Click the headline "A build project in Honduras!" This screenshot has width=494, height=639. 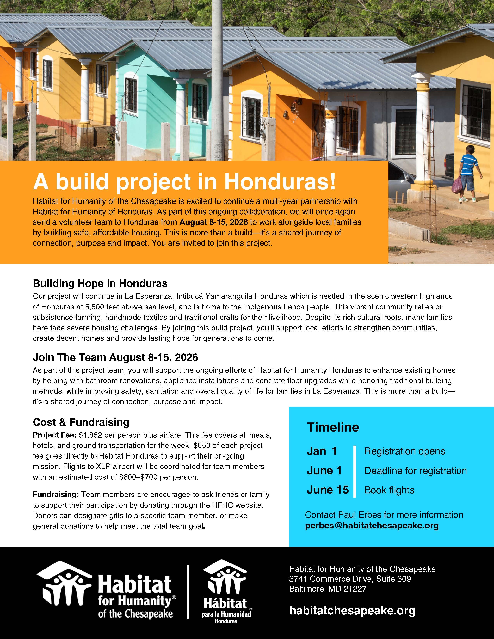184,182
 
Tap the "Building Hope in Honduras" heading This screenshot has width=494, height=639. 100,283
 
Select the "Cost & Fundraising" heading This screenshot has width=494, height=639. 81,422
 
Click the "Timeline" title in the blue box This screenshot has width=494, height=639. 333,428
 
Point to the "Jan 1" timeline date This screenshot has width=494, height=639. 322,451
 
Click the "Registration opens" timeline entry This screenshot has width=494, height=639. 404,451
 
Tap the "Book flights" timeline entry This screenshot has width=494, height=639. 389,490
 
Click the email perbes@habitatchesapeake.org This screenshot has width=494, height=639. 372,526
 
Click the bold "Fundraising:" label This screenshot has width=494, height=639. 56,495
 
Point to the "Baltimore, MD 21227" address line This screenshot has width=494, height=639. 328,588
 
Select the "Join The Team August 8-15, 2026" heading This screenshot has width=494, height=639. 115,357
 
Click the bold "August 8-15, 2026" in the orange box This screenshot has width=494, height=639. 214,222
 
